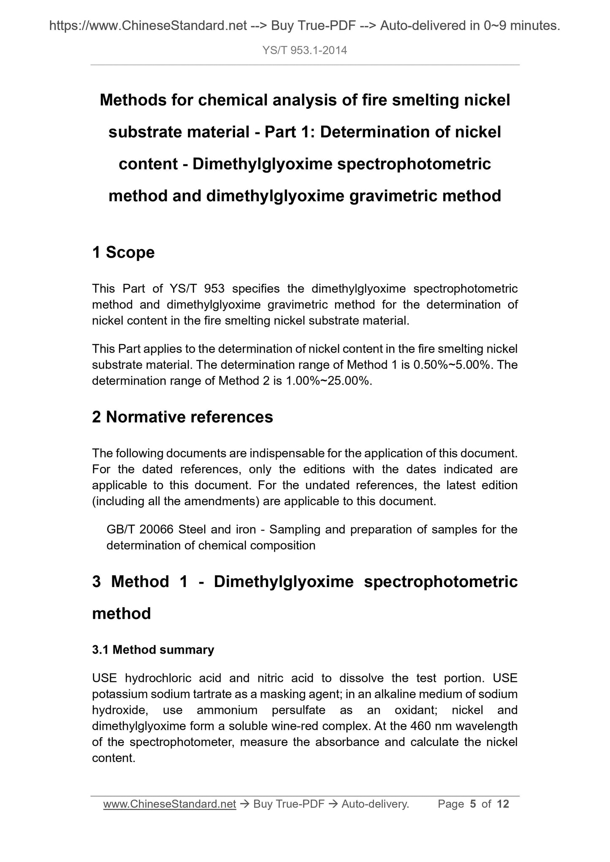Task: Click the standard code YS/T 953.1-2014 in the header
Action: (x=304, y=51)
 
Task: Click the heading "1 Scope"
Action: (x=123, y=252)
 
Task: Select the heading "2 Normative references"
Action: (x=182, y=417)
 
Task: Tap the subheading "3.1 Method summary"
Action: (x=153, y=650)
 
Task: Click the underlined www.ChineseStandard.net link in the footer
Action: (x=169, y=804)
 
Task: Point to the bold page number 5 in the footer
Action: (x=473, y=804)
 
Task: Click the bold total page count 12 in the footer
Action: (x=503, y=804)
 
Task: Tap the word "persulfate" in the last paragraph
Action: (x=298, y=710)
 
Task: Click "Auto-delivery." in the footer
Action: (x=375, y=804)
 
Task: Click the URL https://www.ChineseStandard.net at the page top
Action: (x=148, y=26)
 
